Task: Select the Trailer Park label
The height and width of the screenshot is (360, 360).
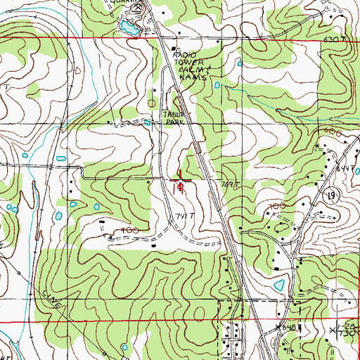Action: (x=172, y=117)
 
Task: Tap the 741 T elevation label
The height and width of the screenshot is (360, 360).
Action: (x=184, y=215)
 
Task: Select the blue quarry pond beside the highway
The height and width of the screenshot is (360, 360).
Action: (x=127, y=28)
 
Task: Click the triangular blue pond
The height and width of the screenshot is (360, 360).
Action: (x=280, y=285)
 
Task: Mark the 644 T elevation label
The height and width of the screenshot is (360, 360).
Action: (x=344, y=167)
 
